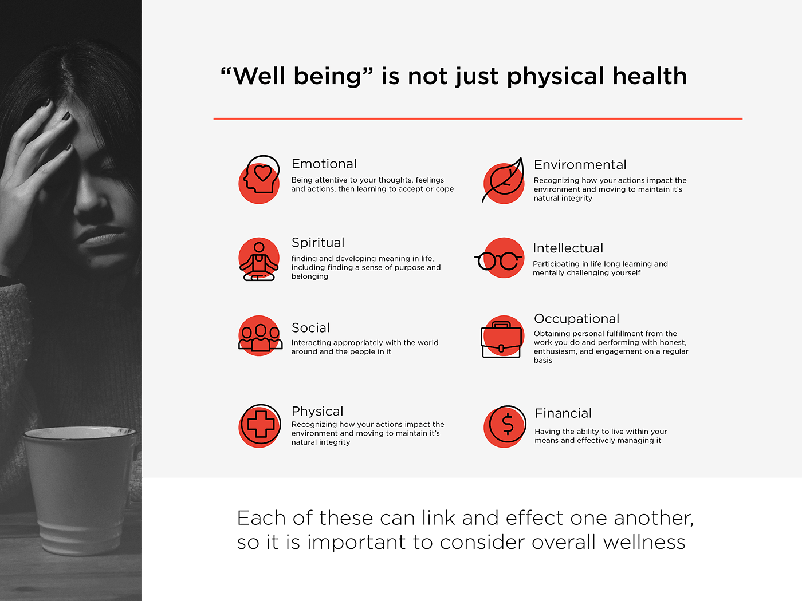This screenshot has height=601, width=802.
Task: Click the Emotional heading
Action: pos(324,164)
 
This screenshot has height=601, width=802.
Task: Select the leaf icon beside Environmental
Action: pos(503,180)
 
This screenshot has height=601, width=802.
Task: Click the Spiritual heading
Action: pos(318,243)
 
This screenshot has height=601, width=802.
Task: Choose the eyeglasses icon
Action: pos(498,260)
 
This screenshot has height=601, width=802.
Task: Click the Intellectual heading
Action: pos(568,248)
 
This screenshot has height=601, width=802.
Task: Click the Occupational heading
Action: pos(576,319)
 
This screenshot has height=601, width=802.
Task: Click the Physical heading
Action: pos(317,411)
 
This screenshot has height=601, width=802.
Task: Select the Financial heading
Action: pos(563,413)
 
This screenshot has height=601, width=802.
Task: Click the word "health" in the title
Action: pos(650,76)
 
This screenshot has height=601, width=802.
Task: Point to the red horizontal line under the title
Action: pos(478,118)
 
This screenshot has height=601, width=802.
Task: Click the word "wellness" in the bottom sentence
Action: pos(644,542)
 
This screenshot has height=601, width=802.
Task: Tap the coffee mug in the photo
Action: pos(80,489)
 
